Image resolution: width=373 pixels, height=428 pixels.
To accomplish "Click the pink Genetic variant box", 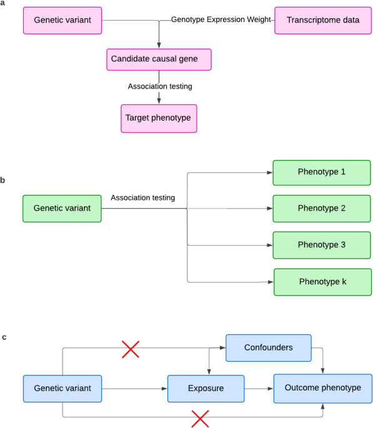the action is [x=62, y=21].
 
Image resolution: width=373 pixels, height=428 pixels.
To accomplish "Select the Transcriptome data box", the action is [x=323, y=21].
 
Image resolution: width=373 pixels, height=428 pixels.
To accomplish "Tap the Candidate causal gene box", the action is [x=159, y=59].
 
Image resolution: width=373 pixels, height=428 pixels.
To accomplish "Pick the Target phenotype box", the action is [x=159, y=119].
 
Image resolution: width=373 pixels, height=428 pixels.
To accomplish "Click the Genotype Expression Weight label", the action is [x=221, y=19].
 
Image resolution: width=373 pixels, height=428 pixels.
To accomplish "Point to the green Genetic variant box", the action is [x=62, y=209].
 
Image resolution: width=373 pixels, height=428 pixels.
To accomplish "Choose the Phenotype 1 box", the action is [x=322, y=173].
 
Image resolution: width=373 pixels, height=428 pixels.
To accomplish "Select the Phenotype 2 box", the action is [x=322, y=209].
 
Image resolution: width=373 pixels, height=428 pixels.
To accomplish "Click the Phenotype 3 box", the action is [x=322, y=245].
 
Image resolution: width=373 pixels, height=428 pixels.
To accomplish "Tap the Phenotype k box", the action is [x=323, y=282].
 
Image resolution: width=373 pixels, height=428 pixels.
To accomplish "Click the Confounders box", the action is [x=269, y=348].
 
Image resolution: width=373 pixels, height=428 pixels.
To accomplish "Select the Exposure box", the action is [x=206, y=389].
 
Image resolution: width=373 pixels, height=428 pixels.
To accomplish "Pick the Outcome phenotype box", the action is [x=323, y=389].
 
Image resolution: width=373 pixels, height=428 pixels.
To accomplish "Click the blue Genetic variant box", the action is [x=62, y=389].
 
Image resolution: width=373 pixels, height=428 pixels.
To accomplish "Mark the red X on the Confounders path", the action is [x=131, y=349].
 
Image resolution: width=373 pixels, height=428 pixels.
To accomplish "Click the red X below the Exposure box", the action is [x=200, y=419].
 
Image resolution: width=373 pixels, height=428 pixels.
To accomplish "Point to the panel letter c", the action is [x=4, y=337].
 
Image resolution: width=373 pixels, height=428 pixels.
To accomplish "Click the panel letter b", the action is [x=2, y=180].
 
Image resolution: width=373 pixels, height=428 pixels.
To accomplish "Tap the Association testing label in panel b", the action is [x=142, y=197].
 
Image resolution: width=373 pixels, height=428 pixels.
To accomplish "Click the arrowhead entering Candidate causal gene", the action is [x=159, y=46].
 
